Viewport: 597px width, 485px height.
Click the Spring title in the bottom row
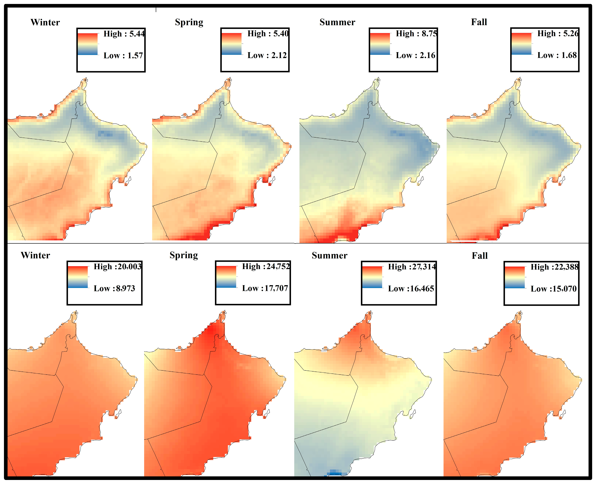tap(184, 255)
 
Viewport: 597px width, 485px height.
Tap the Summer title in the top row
tap(337, 22)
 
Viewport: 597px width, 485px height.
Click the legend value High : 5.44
tap(124, 34)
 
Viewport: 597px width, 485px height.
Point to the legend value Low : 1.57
tap(123, 56)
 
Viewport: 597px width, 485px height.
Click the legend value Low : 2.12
tap(267, 55)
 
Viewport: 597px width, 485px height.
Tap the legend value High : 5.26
tap(558, 33)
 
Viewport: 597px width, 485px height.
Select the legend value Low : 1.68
tap(557, 55)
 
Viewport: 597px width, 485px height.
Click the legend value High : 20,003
tap(118, 267)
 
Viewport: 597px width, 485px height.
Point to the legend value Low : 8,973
tap(114, 288)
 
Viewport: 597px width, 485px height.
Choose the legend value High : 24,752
tap(266, 266)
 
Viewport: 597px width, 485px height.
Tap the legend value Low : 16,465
tap(411, 289)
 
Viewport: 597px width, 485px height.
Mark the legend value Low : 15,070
tap(554, 289)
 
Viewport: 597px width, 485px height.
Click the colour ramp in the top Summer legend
tap(380, 44)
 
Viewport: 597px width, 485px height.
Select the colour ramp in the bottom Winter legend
tap(78, 277)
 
